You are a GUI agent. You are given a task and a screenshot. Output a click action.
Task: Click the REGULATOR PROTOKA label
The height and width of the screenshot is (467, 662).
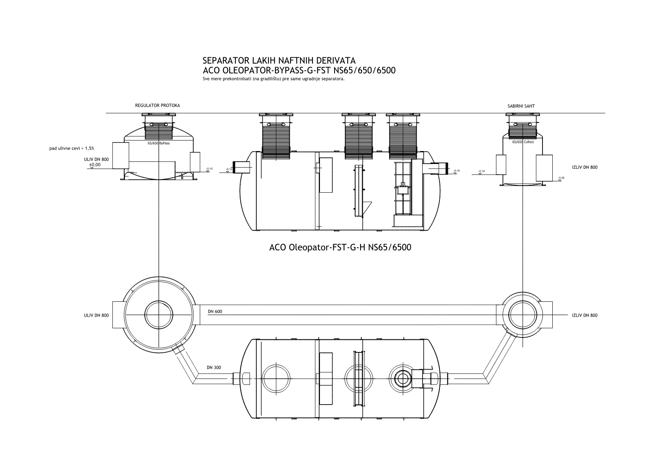point(157,106)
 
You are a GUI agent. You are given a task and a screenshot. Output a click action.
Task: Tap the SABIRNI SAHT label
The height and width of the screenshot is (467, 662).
point(521,106)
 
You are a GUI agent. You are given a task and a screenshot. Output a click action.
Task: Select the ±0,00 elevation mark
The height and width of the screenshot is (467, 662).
point(94,165)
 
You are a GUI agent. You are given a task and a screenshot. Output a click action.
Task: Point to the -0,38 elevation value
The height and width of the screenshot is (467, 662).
point(561,178)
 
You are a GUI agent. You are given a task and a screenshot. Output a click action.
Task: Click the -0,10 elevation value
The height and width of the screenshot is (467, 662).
point(209,169)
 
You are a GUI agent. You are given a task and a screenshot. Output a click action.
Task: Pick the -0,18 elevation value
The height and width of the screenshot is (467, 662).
point(482,171)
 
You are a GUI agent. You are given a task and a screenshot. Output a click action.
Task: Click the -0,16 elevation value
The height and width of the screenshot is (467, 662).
point(456,171)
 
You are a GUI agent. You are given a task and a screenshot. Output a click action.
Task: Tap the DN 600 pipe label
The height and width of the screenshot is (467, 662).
point(215,312)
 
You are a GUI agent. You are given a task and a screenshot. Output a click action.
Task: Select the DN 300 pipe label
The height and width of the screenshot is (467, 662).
point(214,368)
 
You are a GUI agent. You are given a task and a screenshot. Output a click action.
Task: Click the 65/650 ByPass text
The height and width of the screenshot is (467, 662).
point(158,144)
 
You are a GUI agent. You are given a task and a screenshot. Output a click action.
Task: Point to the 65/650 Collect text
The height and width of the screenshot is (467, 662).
point(523,142)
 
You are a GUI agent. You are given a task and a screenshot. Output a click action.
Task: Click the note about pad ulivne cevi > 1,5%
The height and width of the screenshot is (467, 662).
point(72,148)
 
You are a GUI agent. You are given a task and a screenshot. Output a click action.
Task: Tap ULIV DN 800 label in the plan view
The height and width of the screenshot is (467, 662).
point(96,315)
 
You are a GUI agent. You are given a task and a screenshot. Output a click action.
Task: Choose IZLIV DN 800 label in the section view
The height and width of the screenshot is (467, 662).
point(585,167)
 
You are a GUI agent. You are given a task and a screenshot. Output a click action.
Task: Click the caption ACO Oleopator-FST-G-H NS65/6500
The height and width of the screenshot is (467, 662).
point(340,248)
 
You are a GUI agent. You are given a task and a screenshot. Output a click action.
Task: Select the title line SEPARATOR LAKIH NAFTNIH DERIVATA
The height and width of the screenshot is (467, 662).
point(279,61)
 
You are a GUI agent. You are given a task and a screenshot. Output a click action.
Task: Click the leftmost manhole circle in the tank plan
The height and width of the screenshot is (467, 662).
point(277,378)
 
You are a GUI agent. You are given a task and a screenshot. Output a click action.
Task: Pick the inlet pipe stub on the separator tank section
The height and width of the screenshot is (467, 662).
point(243,167)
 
